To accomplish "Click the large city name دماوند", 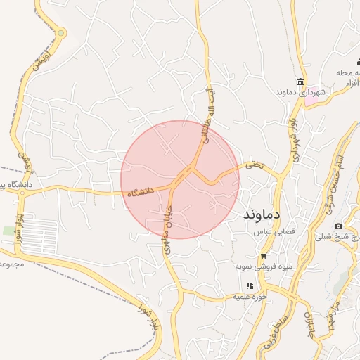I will point(262,213).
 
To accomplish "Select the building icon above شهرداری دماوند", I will point(301,81).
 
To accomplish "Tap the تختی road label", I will point(253,165).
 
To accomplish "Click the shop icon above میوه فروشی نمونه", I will point(264,256).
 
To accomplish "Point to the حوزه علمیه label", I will point(252,297).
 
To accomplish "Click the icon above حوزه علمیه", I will point(250,285).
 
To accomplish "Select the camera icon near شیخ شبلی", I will point(338,226).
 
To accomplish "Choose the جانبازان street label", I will point(309,323).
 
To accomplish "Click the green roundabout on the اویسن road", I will point(61,32).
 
